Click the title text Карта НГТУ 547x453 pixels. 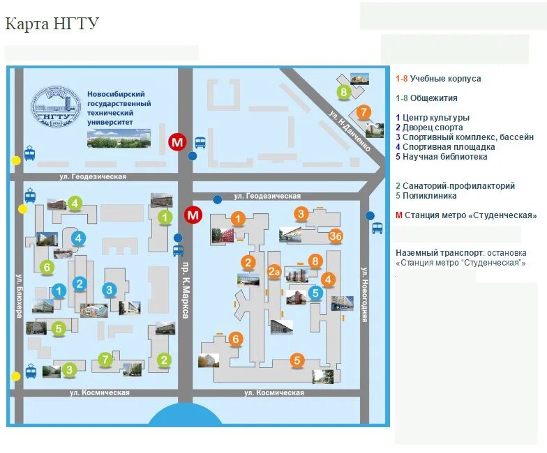click(x=52, y=24)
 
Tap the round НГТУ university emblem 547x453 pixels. click(x=57, y=107)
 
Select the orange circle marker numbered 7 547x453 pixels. click(x=363, y=112)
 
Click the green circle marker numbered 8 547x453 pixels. click(x=343, y=91)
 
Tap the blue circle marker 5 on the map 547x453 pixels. click(x=315, y=293)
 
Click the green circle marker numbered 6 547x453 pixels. click(x=47, y=267)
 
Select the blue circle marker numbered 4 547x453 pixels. click(x=78, y=238)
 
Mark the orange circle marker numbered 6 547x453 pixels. click(x=236, y=339)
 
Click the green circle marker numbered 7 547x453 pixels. click(x=105, y=360)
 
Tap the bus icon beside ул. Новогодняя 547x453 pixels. click(x=377, y=228)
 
